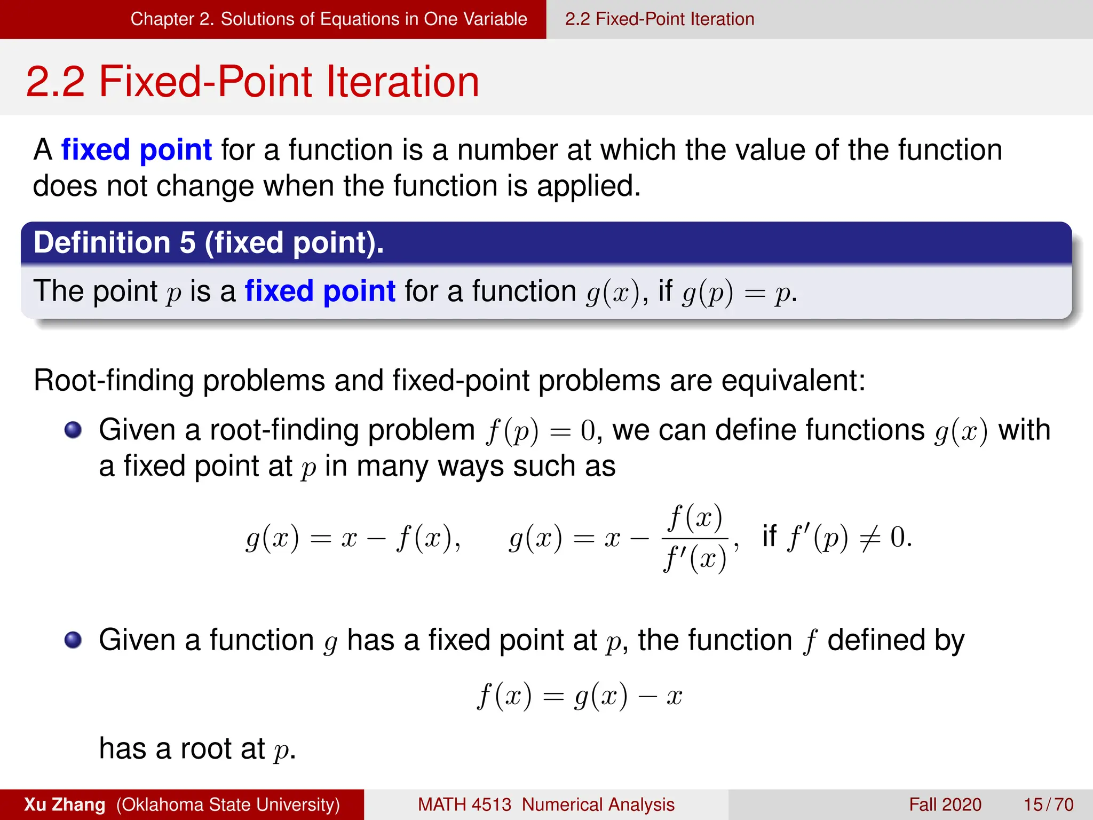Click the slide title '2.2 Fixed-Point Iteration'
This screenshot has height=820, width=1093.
[252, 82]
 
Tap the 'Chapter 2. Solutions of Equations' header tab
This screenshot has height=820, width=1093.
[328, 19]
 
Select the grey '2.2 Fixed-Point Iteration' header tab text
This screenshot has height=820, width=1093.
[660, 19]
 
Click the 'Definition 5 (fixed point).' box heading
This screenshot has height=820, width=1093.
[209, 243]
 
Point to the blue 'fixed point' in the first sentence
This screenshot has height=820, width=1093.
[137, 149]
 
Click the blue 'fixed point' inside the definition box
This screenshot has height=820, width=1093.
[320, 291]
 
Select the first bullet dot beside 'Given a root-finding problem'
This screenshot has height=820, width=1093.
[73, 430]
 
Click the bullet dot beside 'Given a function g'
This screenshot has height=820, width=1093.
[73, 640]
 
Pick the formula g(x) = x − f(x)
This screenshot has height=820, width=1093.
[352, 538]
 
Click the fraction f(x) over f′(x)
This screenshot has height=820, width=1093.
[695, 538]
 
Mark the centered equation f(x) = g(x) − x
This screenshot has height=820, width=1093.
[580, 696]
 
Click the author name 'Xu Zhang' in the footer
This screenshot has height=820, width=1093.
[65, 805]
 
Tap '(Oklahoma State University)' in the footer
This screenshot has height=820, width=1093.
[228, 805]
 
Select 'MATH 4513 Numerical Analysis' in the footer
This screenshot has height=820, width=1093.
[546, 805]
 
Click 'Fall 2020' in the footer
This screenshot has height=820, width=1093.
[945, 805]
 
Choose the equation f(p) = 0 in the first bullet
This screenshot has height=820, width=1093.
[540, 431]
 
